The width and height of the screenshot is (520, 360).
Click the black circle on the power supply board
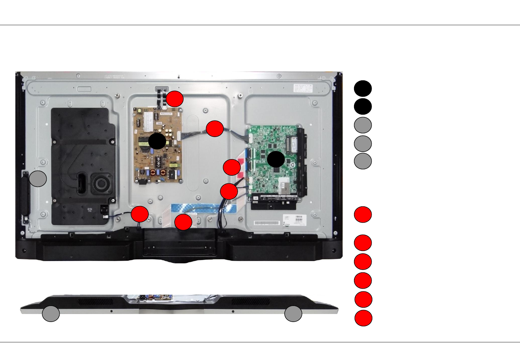157,141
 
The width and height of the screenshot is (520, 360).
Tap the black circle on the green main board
276,159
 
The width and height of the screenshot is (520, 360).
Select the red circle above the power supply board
175,99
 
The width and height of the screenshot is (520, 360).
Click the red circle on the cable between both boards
215,129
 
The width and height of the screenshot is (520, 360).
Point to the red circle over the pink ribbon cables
232,167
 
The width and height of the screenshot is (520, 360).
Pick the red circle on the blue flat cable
183,222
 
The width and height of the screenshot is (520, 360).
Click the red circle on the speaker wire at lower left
140,214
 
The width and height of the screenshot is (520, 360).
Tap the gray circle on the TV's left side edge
38,179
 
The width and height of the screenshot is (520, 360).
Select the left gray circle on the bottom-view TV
51,314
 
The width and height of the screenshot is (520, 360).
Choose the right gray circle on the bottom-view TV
293,314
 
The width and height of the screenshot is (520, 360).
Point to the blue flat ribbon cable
203,208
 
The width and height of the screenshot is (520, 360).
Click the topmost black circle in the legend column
363,88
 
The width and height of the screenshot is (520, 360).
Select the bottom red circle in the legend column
363,318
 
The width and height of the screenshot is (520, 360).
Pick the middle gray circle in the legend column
363,144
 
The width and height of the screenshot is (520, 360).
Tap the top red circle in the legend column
363,214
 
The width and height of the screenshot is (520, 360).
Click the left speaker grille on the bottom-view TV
95,301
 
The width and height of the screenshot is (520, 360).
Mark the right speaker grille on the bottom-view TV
250,301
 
